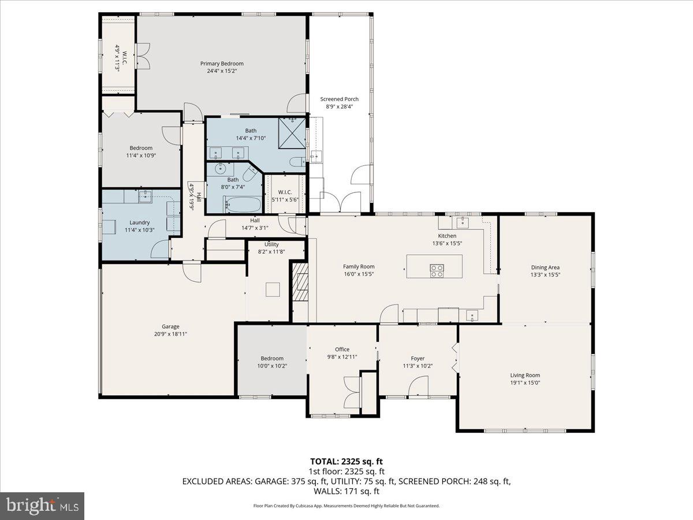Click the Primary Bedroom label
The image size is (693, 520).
(222, 64)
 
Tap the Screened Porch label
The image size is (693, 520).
(340, 99)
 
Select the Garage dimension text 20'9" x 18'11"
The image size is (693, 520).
(170, 334)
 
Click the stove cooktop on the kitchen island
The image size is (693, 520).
(437, 270)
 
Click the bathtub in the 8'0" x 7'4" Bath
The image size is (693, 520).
(243, 205)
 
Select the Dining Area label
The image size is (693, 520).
(545, 268)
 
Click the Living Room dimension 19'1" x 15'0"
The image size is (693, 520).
(525, 382)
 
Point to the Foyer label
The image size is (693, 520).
(418, 358)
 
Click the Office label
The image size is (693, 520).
(342, 350)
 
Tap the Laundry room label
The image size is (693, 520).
(140, 222)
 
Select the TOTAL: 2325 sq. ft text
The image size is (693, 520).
(346, 462)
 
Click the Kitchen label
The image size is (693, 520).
(447, 236)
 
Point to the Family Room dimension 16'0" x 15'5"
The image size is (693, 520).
(359, 274)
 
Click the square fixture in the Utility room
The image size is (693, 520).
(273, 289)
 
